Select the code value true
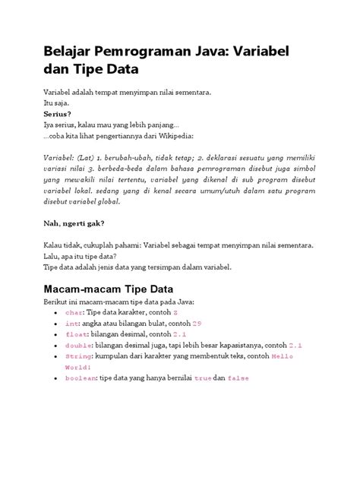point(204,377)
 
